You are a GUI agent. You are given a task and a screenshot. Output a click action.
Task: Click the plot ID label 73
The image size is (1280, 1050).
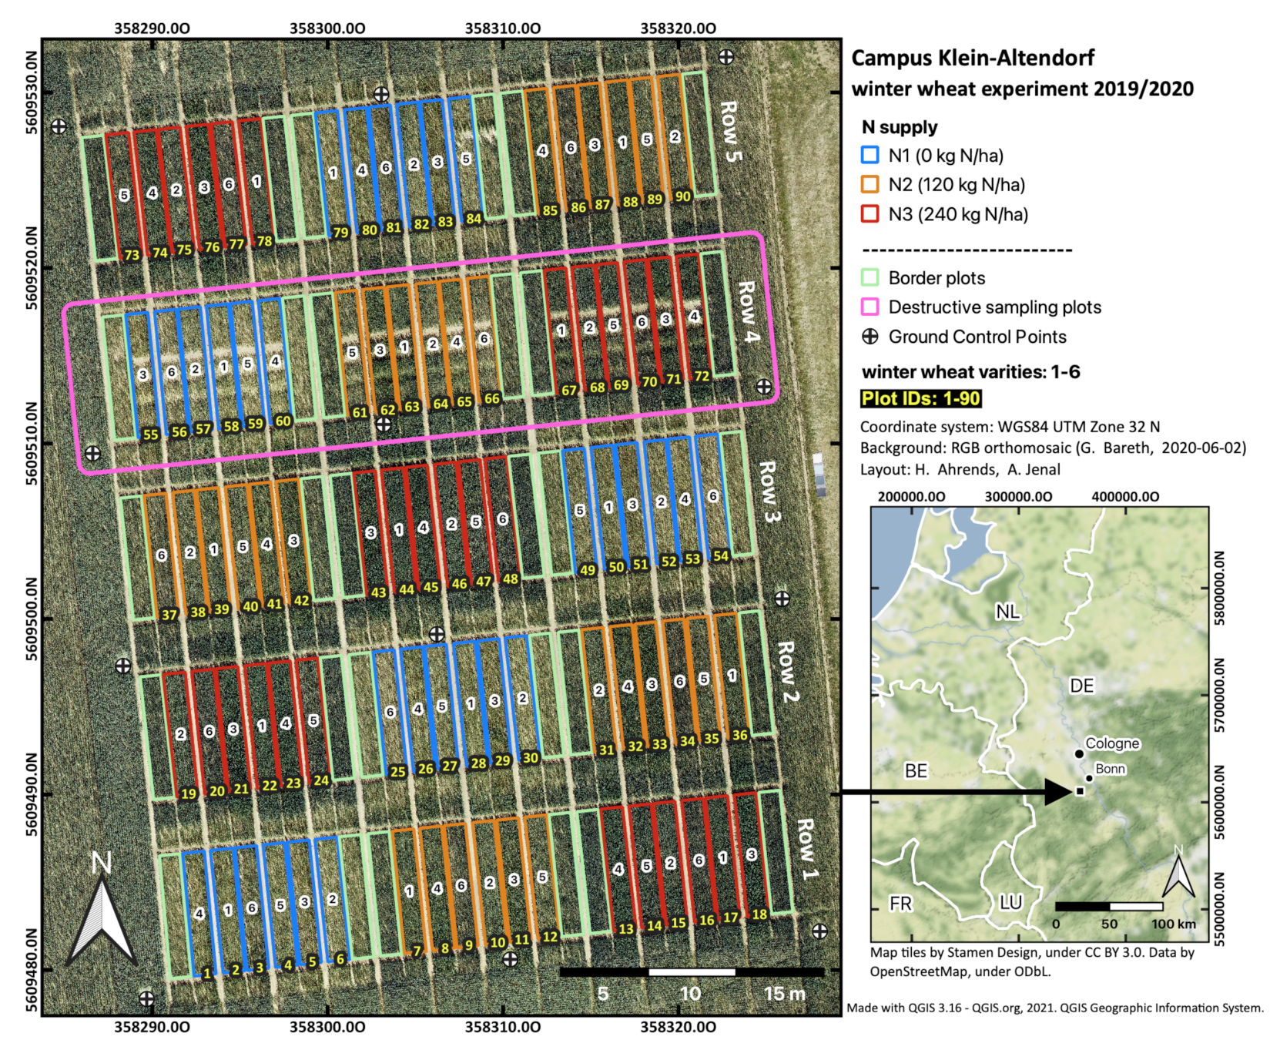click(x=132, y=255)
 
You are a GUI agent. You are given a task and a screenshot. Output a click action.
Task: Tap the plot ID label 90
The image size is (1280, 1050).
click(x=683, y=196)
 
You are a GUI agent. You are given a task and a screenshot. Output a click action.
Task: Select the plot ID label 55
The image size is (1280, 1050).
click(x=151, y=434)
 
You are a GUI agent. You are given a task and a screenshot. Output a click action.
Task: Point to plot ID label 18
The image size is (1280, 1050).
click(x=759, y=914)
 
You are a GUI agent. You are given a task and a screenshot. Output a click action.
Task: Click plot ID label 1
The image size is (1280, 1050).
click(x=206, y=974)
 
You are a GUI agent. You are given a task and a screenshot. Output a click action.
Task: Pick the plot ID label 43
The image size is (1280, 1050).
click(x=378, y=592)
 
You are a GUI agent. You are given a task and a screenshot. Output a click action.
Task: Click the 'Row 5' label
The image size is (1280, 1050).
click(x=729, y=132)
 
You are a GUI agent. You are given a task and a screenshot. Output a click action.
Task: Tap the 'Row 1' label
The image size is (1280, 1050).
click(x=806, y=850)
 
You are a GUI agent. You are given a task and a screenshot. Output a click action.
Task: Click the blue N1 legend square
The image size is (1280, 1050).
click(x=870, y=155)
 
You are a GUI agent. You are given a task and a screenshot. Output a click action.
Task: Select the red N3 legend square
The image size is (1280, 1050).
click(x=870, y=213)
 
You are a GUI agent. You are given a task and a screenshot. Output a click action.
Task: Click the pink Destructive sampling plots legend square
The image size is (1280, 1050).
click(x=870, y=307)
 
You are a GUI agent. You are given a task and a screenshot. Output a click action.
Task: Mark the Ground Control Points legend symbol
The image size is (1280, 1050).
click(x=870, y=337)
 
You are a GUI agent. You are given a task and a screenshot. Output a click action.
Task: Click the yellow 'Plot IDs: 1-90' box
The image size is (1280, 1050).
click(x=920, y=398)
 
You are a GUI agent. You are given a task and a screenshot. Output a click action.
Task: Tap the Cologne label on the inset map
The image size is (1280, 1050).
click(x=1112, y=743)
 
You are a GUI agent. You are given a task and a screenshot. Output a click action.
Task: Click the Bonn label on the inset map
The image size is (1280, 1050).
click(x=1110, y=769)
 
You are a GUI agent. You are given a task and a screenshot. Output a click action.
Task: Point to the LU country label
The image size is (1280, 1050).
click(x=1010, y=902)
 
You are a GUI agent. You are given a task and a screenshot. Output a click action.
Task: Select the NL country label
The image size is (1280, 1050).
click(x=1007, y=612)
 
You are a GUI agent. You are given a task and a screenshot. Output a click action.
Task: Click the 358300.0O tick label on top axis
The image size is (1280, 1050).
click(x=327, y=29)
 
